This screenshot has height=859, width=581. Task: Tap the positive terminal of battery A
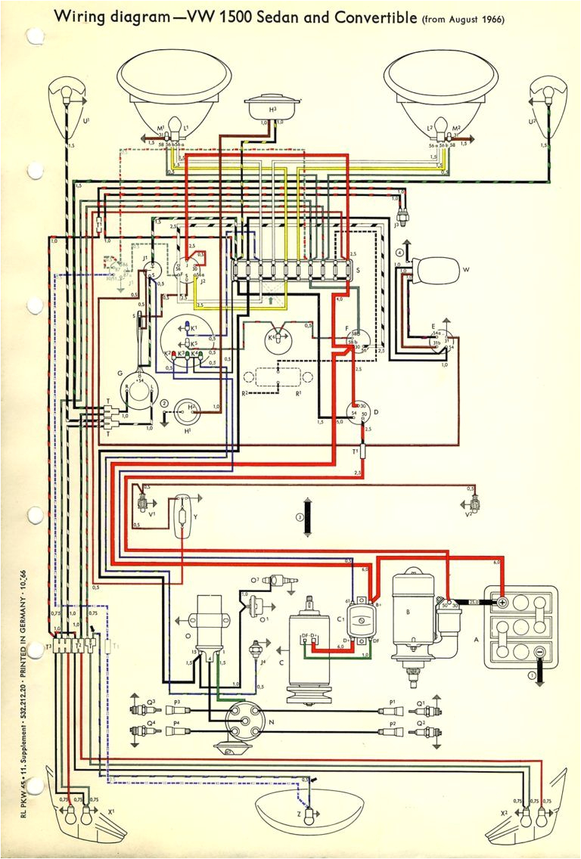tap(502, 603)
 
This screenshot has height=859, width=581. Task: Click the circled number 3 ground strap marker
tap(300, 518)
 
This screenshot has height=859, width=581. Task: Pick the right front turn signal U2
tap(546, 98)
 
